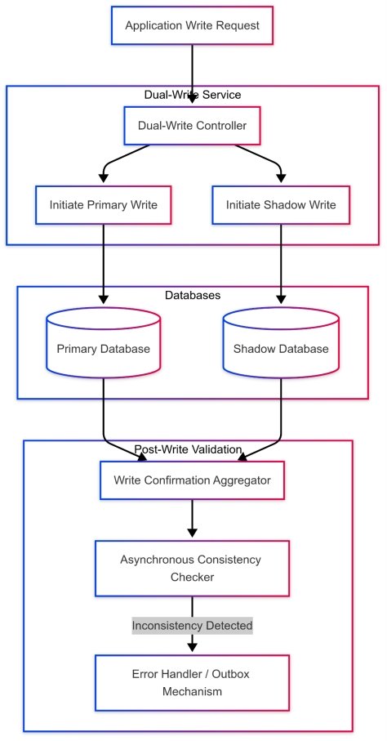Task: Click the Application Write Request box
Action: point(192,25)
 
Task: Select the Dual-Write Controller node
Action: point(192,126)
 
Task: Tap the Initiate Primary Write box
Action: point(103,205)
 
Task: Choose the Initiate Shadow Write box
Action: point(281,205)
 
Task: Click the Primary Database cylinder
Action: point(103,349)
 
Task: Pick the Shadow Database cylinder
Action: point(281,349)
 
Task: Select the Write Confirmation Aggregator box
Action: point(192,480)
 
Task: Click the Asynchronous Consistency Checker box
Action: point(192,568)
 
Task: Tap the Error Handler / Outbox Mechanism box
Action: point(192,683)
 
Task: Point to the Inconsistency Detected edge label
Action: point(192,626)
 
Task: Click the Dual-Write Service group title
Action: point(192,95)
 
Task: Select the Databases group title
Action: point(192,295)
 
